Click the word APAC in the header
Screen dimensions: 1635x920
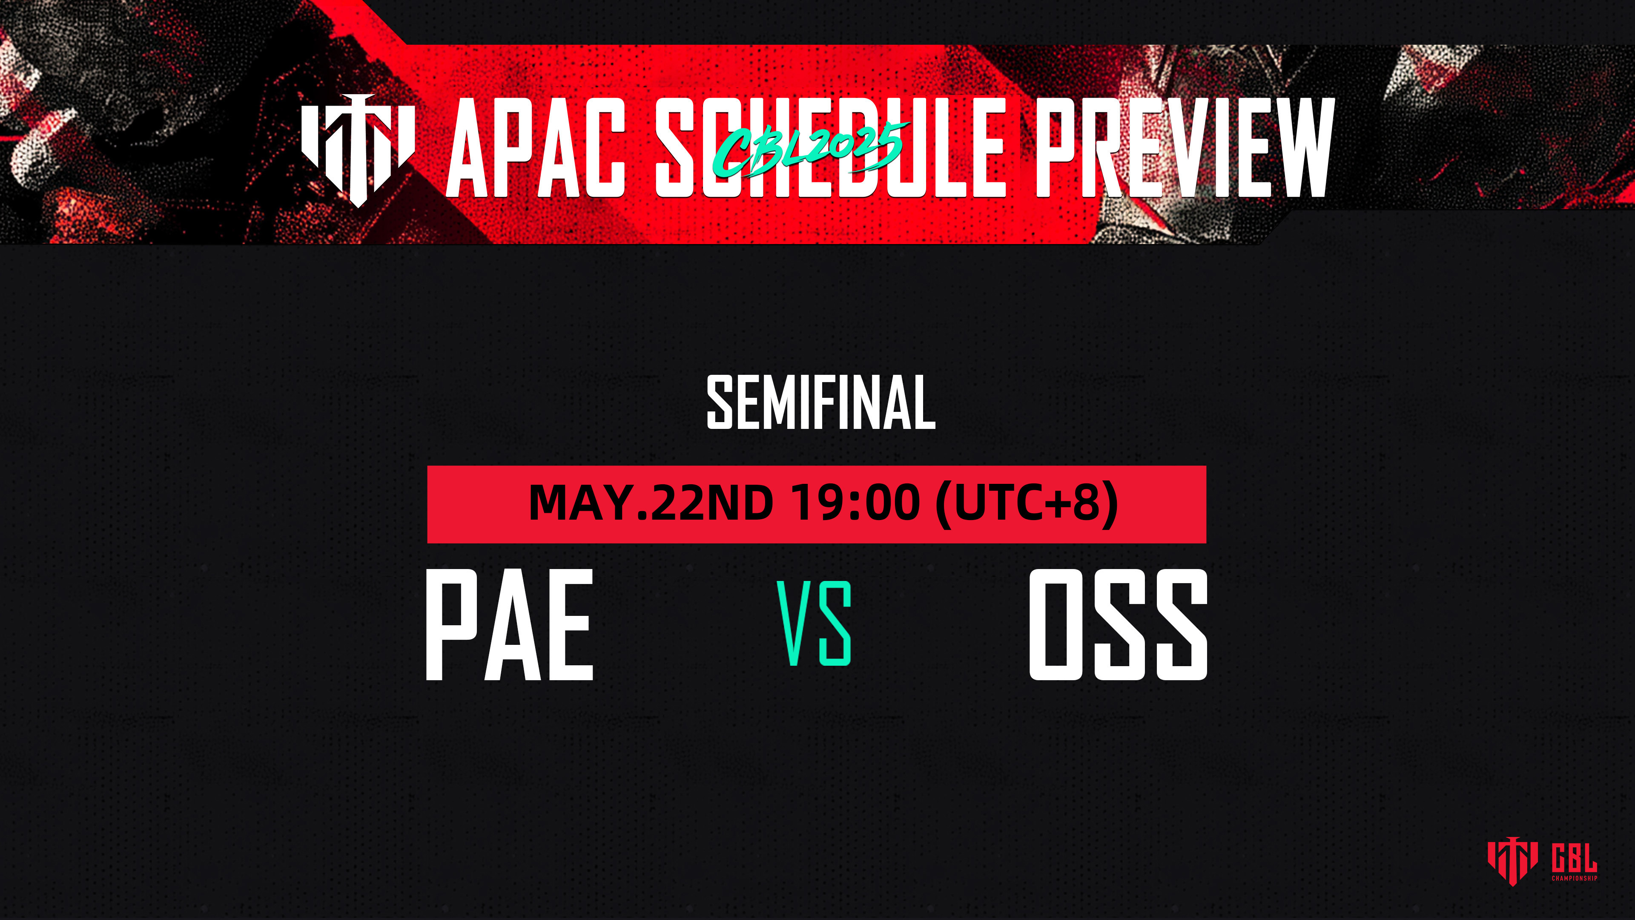pos(536,148)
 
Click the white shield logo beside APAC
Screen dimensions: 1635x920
pos(358,150)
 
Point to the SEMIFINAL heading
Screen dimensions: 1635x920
pos(820,402)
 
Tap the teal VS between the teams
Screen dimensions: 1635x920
pos(815,624)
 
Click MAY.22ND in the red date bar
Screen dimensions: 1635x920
pos(651,502)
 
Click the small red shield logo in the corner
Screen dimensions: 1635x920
pos(1512,862)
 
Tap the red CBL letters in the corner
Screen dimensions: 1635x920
pos(1574,858)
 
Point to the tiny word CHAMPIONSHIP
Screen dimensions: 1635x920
pos(1574,878)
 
